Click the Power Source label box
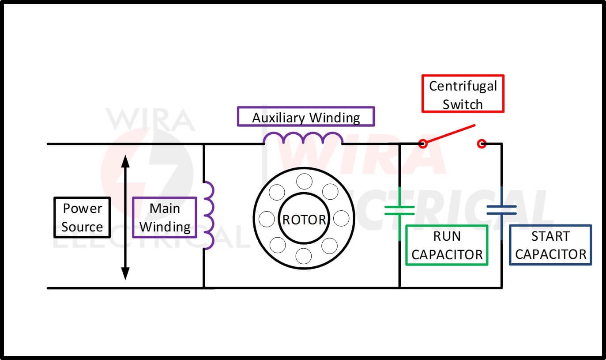(82, 217)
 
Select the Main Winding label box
(165, 217)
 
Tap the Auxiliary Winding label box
(305, 117)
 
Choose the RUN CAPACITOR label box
(447, 245)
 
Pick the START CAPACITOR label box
(550, 245)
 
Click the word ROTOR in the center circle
(304, 220)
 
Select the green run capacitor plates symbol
(399, 210)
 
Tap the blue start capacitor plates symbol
(501, 210)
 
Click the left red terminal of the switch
(423, 144)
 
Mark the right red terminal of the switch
(482, 144)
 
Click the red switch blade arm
(450, 134)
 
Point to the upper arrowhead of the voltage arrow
(125, 161)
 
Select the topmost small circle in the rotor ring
(304, 182)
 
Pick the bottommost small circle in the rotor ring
(304, 256)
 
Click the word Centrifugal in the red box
(463, 86)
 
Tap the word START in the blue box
(550, 236)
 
